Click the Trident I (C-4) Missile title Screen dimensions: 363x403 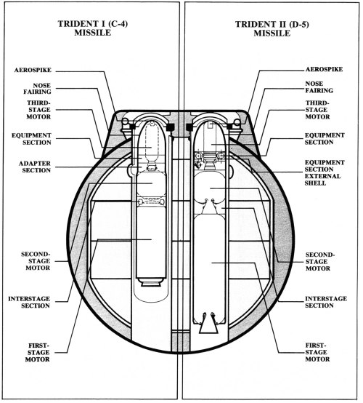(x=93, y=28)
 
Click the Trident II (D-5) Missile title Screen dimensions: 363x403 (x=272, y=29)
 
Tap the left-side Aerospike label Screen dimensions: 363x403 (x=33, y=70)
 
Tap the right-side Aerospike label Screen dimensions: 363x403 (x=324, y=69)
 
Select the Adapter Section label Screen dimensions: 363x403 (x=35, y=167)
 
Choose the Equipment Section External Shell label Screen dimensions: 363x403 (x=325, y=172)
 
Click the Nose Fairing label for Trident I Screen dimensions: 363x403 (x=38, y=89)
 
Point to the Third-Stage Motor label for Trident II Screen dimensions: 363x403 (x=317, y=110)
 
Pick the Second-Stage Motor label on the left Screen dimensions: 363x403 (x=36, y=261)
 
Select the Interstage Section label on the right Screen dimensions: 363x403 (x=326, y=302)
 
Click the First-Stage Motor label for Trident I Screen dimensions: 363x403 (x=38, y=352)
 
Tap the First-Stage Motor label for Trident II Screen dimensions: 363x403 (x=317, y=352)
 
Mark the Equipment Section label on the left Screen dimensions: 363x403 (x=31, y=139)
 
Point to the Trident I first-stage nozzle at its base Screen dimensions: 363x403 (x=150, y=282)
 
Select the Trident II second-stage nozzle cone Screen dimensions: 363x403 (x=209, y=207)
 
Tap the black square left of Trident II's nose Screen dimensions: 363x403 (x=189, y=127)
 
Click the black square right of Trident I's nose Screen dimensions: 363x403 (x=170, y=127)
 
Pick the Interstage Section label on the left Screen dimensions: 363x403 (x=29, y=302)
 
